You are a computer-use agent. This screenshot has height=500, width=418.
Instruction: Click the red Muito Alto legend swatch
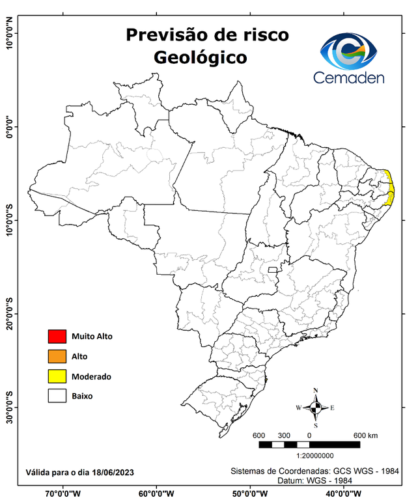tap(57, 337)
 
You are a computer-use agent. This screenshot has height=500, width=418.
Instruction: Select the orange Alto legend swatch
tap(57, 356)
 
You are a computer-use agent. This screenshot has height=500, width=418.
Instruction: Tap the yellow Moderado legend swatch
tap(57, 376)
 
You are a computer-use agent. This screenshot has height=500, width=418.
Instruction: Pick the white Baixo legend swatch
tap(57, 395)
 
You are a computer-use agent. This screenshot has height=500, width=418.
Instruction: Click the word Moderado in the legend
tap(91, 376)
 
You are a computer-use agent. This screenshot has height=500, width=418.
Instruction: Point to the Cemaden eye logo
tap(352, 52)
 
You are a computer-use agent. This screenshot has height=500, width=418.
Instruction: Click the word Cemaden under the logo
tap(349, 78)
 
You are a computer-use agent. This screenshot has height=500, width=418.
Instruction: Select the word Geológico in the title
tap(201, 57)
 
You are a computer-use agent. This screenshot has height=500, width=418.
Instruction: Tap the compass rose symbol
tap(315, 408)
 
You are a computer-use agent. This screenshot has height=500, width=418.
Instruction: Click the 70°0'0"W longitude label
tap(63, 493)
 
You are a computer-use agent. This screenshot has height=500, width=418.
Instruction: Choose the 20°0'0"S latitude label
tap(9, 314)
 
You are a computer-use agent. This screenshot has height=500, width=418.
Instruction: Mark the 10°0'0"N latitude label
tap(9, 33)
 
